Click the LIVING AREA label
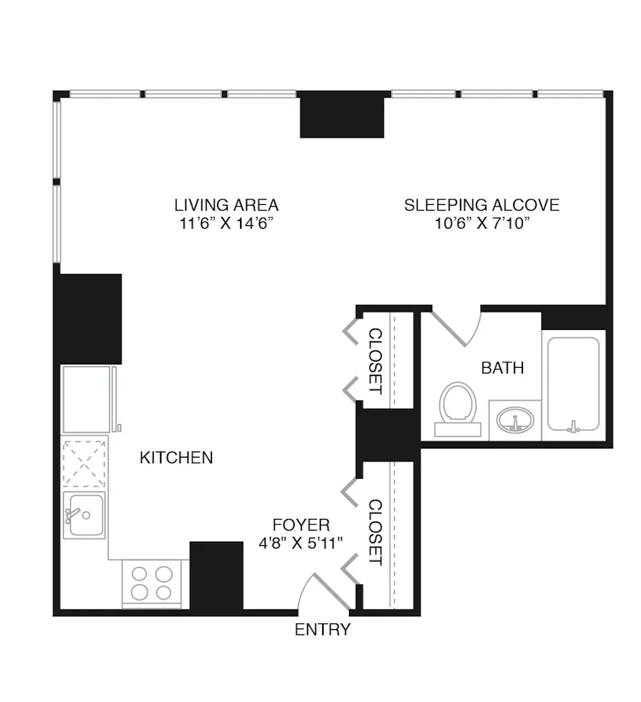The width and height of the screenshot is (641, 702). tap(226, 205)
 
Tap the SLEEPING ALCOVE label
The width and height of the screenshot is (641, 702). tap(482, 205)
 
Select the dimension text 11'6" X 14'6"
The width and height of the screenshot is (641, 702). tap(226, 224)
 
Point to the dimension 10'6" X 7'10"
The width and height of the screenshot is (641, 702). tap(482, 224)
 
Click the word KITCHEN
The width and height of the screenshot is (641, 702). tap(176, 458)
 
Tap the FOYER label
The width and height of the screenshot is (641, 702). tap(300, 524)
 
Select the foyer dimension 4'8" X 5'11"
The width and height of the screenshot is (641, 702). tap(300, 543)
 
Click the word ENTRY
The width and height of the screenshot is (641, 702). tap(322, 630)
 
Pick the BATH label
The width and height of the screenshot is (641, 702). tap(503, 367)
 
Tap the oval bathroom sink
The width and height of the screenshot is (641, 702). tap(515, 421)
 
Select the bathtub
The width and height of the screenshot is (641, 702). tap(574, 385)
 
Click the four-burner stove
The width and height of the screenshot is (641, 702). tap(152, 582)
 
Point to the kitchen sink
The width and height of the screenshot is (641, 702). tap(84, 515)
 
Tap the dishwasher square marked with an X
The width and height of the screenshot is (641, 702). tap(84, 463)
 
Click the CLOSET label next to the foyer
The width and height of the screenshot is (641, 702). tap(376, 533)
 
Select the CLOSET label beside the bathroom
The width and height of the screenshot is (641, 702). tap(376, 361)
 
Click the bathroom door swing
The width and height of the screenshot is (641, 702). tap(456, 327)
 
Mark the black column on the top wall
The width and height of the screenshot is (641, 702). tap(342, 114)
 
